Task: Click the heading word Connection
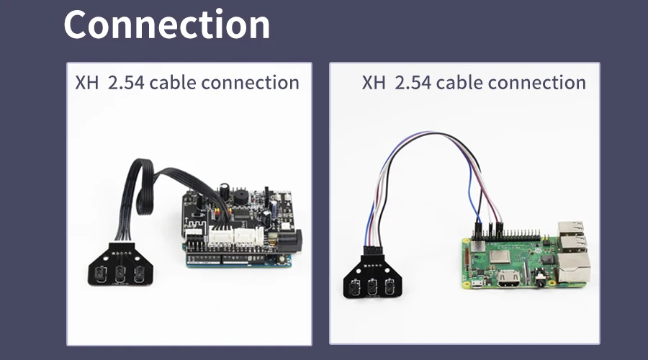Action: point(167,24)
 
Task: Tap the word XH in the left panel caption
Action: point(86,82)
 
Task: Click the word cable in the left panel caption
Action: point(172,82)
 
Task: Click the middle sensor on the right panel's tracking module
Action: point(372,287)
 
